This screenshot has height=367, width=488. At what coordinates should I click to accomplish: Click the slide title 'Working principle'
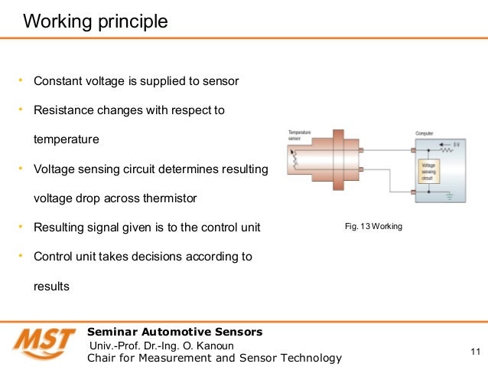point(96,21)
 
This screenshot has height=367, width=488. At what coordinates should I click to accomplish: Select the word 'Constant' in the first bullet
point(57,81)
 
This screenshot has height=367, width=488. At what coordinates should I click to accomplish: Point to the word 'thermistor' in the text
point(168,198)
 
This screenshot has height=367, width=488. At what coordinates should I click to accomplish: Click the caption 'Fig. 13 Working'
point(373,228)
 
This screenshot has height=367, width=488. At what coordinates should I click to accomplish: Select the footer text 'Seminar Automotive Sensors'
point(175,332)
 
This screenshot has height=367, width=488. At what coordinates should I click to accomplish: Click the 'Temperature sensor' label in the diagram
point(300,135)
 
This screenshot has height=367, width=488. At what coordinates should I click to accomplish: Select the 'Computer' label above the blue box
point(425,133)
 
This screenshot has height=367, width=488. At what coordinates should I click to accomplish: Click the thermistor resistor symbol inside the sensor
point(296,159)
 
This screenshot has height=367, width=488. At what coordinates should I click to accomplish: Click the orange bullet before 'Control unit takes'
point(21,256)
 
